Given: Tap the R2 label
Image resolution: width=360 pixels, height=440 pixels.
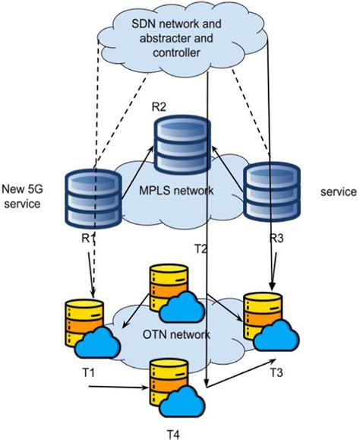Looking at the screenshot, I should (159, 105).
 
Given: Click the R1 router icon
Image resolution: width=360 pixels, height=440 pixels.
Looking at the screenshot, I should (93, 195).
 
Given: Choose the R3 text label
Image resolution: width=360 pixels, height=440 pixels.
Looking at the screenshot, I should (276, 237).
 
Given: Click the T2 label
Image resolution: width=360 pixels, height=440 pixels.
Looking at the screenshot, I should (201, 248).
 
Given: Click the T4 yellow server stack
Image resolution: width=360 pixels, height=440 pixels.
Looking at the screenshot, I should (168, 385).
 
